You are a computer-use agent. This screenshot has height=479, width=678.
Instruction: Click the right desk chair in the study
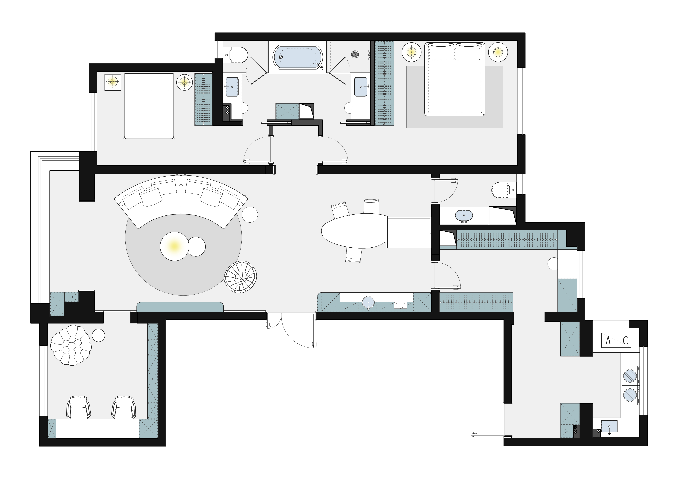[124, 407]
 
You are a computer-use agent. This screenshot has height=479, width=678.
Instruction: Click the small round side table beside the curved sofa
[250, 214]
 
